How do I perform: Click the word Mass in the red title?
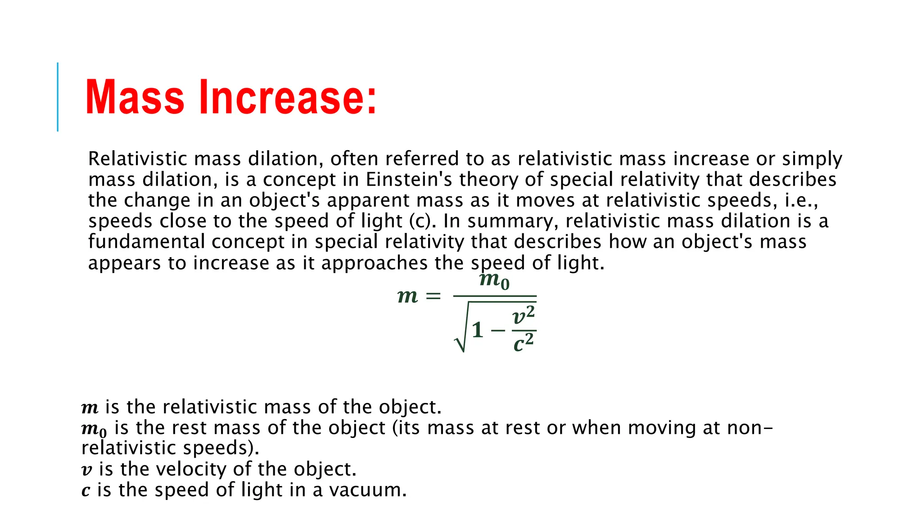[135, 98]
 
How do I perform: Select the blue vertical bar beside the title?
[58, 97]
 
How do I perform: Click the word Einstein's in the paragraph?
[409, 179]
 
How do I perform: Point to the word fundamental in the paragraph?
[146, 241]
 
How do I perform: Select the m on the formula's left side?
[407, 296]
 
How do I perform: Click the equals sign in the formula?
[433, 296]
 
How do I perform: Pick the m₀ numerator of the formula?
[494, 281]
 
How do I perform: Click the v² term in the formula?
[524, 315]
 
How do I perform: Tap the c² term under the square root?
[524, 343]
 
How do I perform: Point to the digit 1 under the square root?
[478, 330]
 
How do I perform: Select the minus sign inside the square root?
[498, 331]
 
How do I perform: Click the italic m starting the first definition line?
[90, 408]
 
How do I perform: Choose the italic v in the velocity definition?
[86, 470]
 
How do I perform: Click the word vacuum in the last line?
[367, 490]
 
